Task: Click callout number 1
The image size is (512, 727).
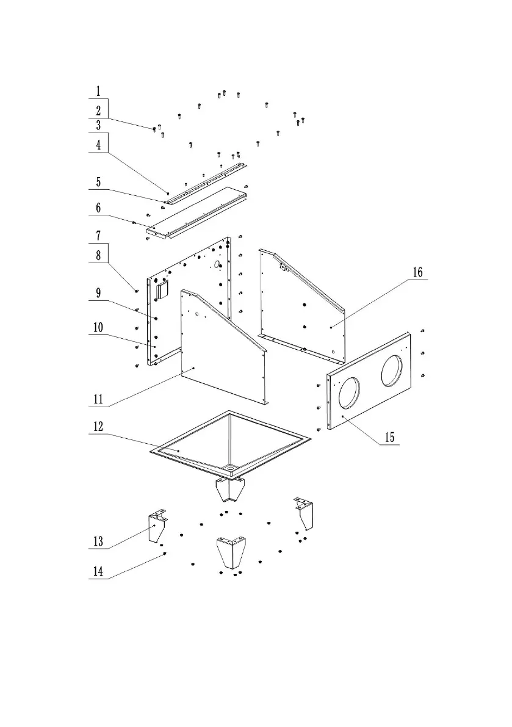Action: click(98, 92)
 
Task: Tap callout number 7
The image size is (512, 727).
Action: click(98, 235)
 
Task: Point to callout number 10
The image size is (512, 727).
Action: click(98, 328)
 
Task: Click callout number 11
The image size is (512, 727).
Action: click(98, 400)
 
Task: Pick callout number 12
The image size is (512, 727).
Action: click(98, 427)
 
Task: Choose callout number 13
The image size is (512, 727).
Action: click(98, 541)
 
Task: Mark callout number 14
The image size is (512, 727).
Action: click(98, 572)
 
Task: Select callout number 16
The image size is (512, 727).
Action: click(417, 272)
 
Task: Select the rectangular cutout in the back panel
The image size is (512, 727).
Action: click(162, 291)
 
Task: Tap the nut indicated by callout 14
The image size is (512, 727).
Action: click(165, 553)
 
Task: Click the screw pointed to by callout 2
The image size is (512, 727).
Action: click(154, 129)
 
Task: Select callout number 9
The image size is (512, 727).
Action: click(98, 293)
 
